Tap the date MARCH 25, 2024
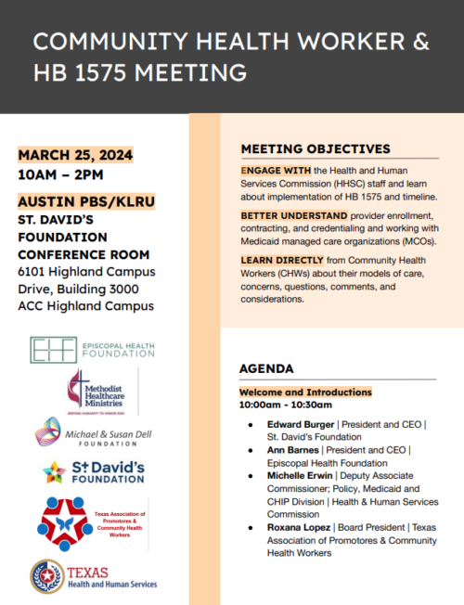tap(75, 154)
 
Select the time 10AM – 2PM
tap(60, 174)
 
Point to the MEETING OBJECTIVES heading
tap(316, 148)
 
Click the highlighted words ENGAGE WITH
tap(274, 172)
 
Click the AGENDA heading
tap(266, 368)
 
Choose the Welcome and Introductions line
tap(305, 393)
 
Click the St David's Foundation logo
tap(94, 472)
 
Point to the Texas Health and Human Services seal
tap(46, 576)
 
